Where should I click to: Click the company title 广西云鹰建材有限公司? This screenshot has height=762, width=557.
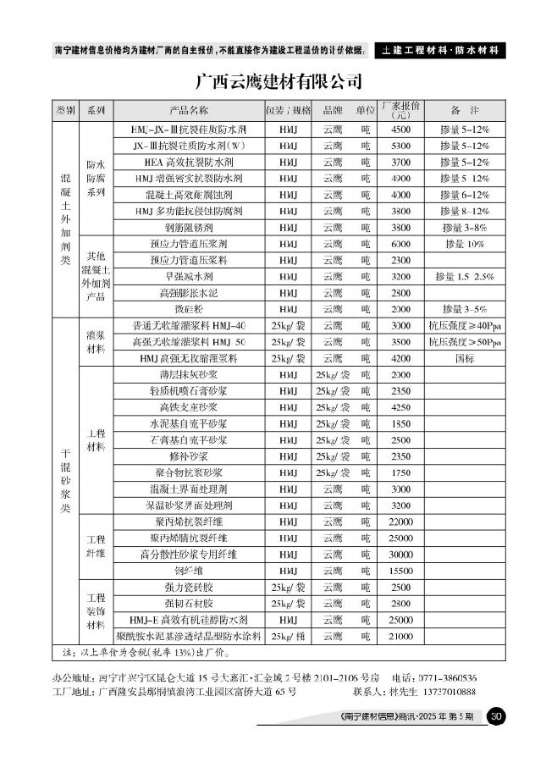(x=278, y=82)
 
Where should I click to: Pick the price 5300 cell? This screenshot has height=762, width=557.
(x=401, y=146)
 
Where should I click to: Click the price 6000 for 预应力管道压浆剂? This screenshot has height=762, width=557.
(x=401, y=244)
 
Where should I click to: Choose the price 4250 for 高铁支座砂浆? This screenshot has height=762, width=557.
(x=401, y=407)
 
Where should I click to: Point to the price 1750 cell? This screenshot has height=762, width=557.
(x=401, y=472)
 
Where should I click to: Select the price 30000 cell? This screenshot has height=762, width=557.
(x=401, y=555)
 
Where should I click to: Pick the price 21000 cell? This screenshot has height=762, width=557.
(x=401, y=636)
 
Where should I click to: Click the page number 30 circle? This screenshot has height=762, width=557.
(x=497, y=717)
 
